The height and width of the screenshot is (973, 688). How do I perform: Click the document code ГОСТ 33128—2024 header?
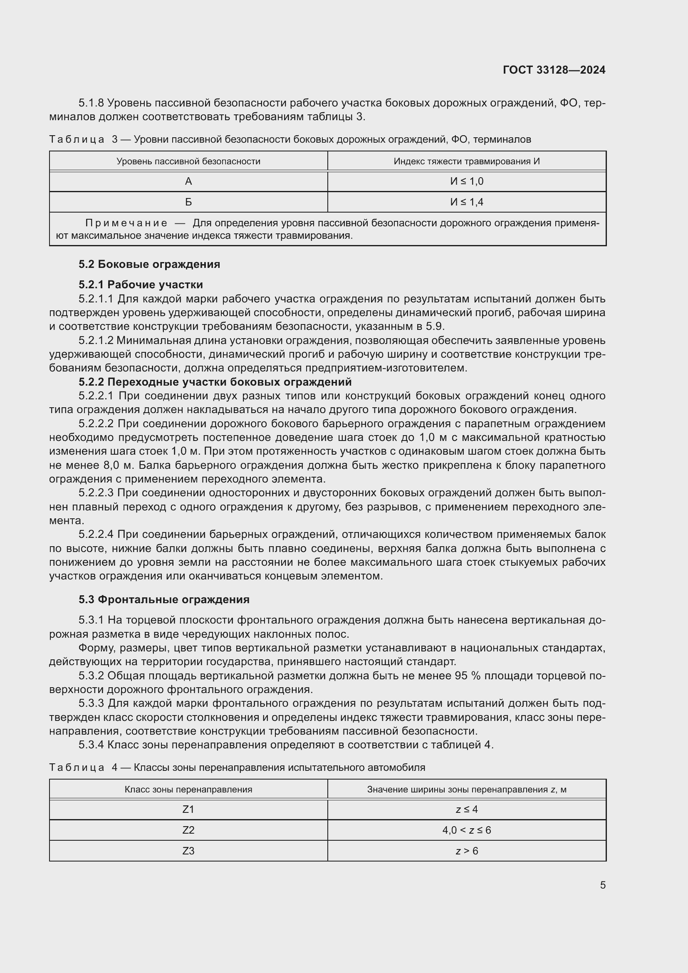pyautogui.click(x=554, y=70)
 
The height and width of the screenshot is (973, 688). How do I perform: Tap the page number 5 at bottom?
pyautogui.click(x=602, y=885)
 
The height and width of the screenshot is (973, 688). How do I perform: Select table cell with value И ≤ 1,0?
pyautogui.click(x=466, y=181)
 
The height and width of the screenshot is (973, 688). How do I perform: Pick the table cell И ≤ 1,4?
pyautogui.click(x=466, y=202)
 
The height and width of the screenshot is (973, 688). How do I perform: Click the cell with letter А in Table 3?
pyautogui.click(x=188, y=181)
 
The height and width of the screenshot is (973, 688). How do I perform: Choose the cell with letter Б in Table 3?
pyautogui.click(x=188, y=202)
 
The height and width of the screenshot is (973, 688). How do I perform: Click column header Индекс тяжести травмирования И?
pyautogui.click(x=466, y=161)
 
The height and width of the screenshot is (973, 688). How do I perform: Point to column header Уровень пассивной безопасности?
pyautogui.click(x=188, y=161)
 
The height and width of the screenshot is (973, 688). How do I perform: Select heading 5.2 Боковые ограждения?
pyautogui.click(x=149, y=265)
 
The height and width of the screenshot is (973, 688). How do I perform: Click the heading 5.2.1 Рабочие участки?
pyautogui.click(x=141, y=285)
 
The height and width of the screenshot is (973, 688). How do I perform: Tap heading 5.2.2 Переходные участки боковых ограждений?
pyautogui.click(x=215, y=382)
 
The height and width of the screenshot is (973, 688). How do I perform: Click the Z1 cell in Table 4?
pyautogui.click(x=188, y=810)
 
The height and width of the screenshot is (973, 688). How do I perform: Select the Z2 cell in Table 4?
pyautogui.click(x=188, y=830)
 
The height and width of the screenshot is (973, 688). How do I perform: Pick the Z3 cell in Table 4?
pyautogui.click(x=188, y=851)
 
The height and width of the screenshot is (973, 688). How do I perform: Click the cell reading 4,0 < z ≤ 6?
pyautogui.click(x=466, y=830)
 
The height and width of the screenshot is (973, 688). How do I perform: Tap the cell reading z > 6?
pyautogui.click(x=466, y=851)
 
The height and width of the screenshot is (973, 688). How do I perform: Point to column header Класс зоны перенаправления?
pyautogui.click(x=188, y=790)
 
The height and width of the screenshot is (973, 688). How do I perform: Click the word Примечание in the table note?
pyautogui.click(x=126, y=223)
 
